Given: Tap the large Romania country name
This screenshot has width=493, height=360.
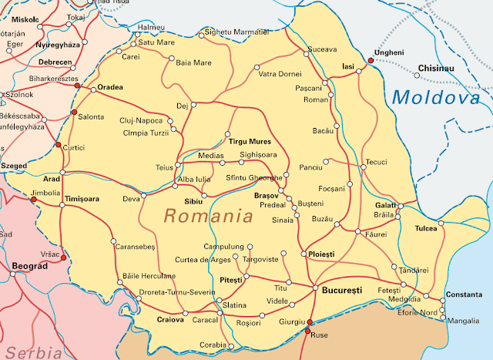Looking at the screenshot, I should point(209,216).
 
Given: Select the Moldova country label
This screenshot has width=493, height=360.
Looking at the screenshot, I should point(435,98).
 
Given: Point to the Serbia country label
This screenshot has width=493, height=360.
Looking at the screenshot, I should point(31,352).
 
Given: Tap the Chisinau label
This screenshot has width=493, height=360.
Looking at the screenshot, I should point(437,68).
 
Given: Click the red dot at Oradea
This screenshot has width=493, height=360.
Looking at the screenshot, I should point(77,86).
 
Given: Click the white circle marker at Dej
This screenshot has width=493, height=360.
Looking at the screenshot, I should point(194,104).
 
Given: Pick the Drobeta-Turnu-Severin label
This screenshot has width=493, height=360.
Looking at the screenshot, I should point(176,293).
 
